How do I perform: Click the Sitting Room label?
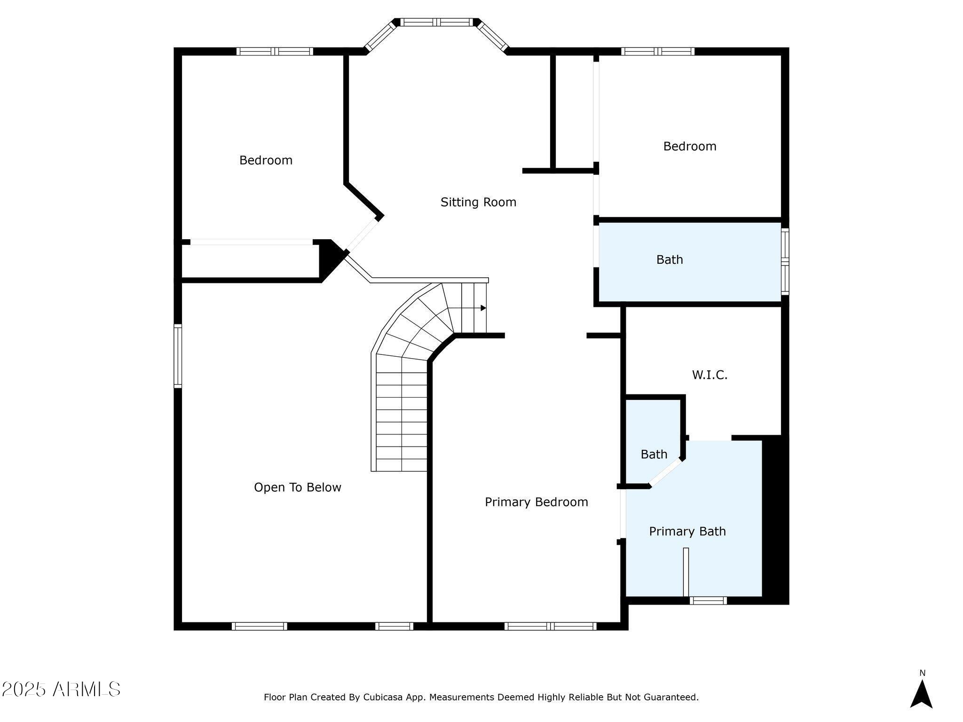[x=478, y=202]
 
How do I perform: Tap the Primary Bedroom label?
[x=537, y=502]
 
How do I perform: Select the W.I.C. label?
[x=710, y=375]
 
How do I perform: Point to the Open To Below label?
[x=298, y=487]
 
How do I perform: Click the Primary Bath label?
[x=687, y=531]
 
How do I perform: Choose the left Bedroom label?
[x=266, y=160]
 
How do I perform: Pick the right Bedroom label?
[x=690, y=146]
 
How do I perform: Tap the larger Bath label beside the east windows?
[x=670, y=259]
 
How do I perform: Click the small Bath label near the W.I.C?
[x=654, y=454]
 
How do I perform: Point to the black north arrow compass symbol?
[x=922, y=694]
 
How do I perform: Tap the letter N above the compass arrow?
[x=922, y=673]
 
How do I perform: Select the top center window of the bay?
[x=437, y=22]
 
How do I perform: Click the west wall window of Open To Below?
[x=178, y=356]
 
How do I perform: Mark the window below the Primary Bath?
[x=708, y=600]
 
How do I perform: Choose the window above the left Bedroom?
[x=275, y=51]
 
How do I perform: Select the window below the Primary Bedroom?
[x=551, y=626]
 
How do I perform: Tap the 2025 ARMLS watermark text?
[x=61, y=689]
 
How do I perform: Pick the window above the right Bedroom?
[x=658, y=51]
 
